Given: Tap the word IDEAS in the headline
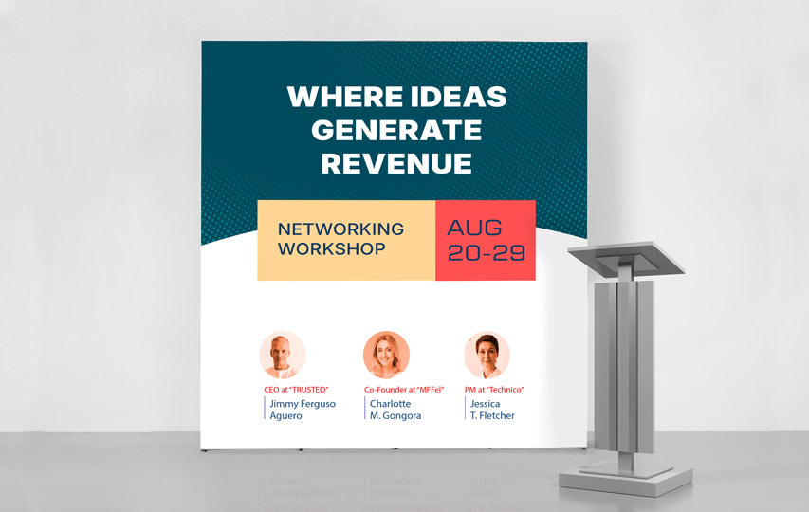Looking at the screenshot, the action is point(459,97).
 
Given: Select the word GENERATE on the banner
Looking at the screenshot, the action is point(396,130).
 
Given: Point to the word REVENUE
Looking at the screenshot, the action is point(396,163).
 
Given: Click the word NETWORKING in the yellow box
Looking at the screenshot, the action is point(341,229).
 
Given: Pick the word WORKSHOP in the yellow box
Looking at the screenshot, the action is point(332,249).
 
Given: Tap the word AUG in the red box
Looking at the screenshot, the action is point(474,228).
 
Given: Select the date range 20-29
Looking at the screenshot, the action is point(486,252).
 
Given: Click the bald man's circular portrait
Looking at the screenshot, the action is point(283,355).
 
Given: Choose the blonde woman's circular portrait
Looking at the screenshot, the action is point(386,355).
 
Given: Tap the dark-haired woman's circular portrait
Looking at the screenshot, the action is point(487,355).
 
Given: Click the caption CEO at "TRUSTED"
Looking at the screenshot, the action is point(296,390).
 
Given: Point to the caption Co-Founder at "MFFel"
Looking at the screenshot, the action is point(404,390).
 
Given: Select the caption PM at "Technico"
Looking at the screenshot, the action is point(494,390).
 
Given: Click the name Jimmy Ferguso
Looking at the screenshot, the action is point(303,404).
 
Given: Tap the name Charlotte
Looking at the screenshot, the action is point(391,404).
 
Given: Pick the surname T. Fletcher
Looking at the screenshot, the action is point(492,415).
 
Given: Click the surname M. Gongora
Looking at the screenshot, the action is point(395,415).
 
